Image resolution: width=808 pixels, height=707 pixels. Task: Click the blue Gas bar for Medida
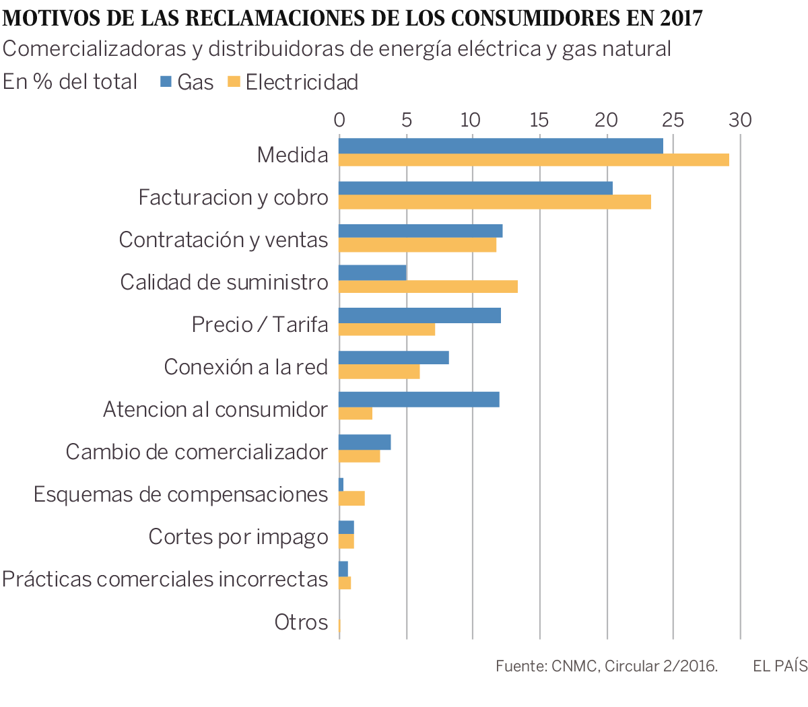click(500, 145)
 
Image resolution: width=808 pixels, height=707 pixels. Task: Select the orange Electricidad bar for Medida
click(533, 160)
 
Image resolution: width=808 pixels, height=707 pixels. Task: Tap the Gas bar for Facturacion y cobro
click(475, 188)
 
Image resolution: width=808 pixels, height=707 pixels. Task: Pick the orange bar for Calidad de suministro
click(428, 287)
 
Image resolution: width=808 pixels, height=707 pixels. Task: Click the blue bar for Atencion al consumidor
click(419, 399)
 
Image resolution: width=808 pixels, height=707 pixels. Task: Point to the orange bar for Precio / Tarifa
click(386, 329)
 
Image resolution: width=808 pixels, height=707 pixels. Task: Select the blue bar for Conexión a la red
click(393, 358)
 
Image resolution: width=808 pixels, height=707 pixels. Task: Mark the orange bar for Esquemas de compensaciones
click(351, 498)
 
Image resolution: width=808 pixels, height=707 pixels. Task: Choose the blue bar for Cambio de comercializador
click(364, 442)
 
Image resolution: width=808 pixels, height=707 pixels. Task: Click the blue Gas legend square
click(166, 82)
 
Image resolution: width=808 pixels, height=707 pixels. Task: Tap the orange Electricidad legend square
click(234, 82)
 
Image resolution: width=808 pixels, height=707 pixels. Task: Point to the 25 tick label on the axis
click(673, 120)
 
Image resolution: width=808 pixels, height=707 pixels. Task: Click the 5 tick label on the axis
click(406, 120)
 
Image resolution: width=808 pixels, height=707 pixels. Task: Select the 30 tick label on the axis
click(740, 120)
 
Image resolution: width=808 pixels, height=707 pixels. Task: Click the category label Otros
click(301, 622)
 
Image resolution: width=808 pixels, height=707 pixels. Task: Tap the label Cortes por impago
click(238, 537)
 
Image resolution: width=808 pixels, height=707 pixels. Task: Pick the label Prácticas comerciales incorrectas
click(165, 579)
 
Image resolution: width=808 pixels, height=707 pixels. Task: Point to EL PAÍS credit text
click(780, 667)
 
